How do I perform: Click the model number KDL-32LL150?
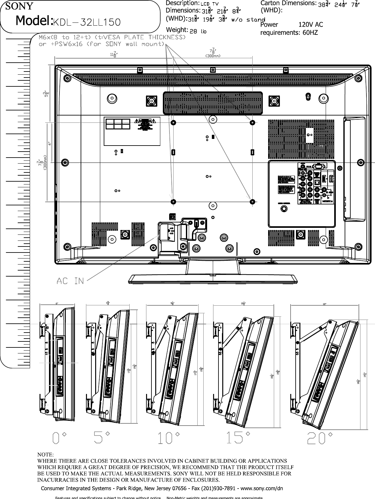tap(86, 22)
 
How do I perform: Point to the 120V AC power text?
tap(310, 24)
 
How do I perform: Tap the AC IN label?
tap(70, 281)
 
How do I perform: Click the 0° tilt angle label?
tap(60, 438)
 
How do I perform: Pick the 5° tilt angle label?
tap(102, 438)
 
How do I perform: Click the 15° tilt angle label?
tap(239, 438)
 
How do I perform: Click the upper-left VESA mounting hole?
tap(173, 122)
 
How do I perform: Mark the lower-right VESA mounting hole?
tap(252, 201)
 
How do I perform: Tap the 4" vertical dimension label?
tap(49, 143)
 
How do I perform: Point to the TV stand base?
tap(213, 279)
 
